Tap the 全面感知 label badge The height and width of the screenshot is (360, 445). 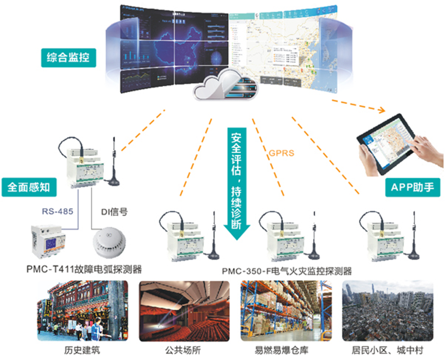tap(29, 187)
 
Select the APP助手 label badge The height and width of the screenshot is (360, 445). tap(413, 188)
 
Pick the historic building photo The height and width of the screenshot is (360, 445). tap(82, 311)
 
